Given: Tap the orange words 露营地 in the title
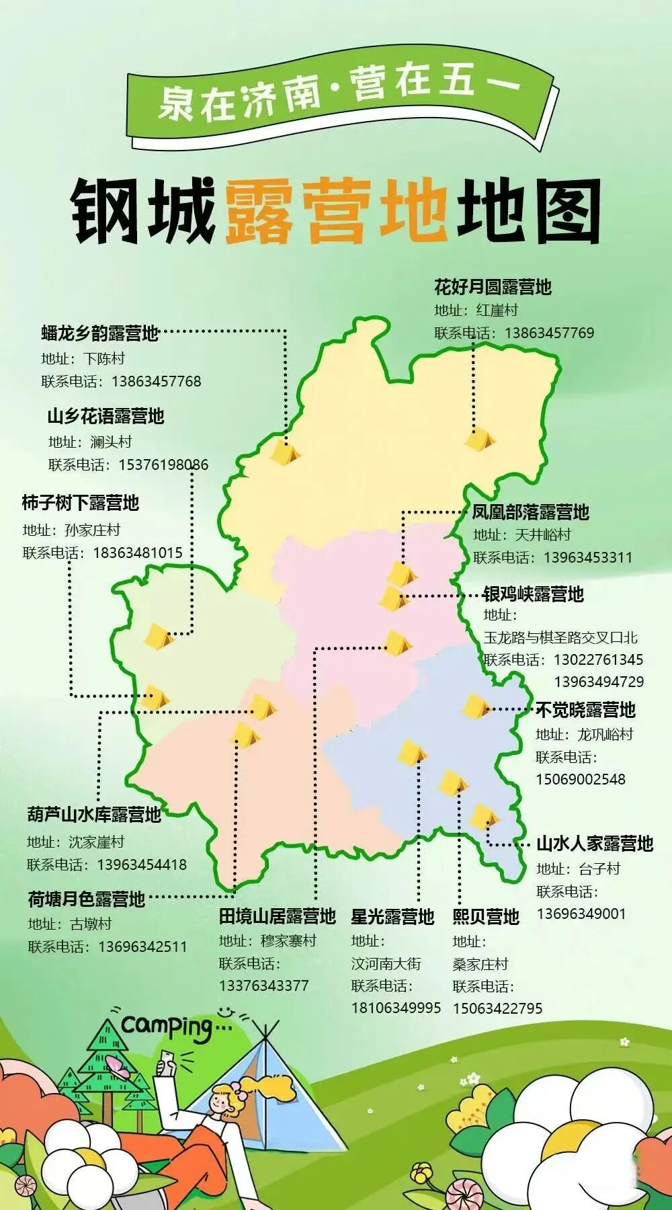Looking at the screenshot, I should coord(336,210).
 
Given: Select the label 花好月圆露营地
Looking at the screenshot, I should coord(493,287).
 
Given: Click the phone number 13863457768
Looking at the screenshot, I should coord(156,381).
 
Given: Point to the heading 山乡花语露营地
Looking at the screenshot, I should coord(106,416).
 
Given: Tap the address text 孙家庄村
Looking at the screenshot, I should coord(93,530).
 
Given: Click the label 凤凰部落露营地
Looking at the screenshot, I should coord(530,512).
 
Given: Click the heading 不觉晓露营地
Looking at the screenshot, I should coord(585,710).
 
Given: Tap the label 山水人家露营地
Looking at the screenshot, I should coord(595,844).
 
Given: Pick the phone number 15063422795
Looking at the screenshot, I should coord(497,1008).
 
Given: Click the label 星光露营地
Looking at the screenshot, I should coord(392,917).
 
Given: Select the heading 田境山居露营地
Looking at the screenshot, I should coord(277,916).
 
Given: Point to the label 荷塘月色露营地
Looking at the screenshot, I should coord(86,899).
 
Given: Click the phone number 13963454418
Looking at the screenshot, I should coord(142,864).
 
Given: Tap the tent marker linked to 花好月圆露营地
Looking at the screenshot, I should coord(479,440).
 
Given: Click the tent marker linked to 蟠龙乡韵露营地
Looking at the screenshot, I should coord(284,452).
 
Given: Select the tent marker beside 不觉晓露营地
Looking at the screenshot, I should coord(476,706).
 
